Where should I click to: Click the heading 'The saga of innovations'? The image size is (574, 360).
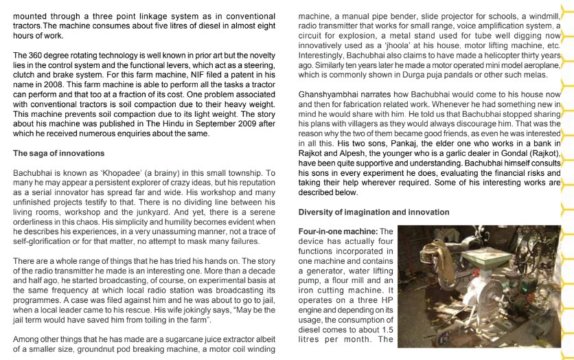point(59,153)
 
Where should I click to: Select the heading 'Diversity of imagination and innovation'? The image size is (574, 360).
point(374,212)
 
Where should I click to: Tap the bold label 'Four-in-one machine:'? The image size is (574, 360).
point(338,232)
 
